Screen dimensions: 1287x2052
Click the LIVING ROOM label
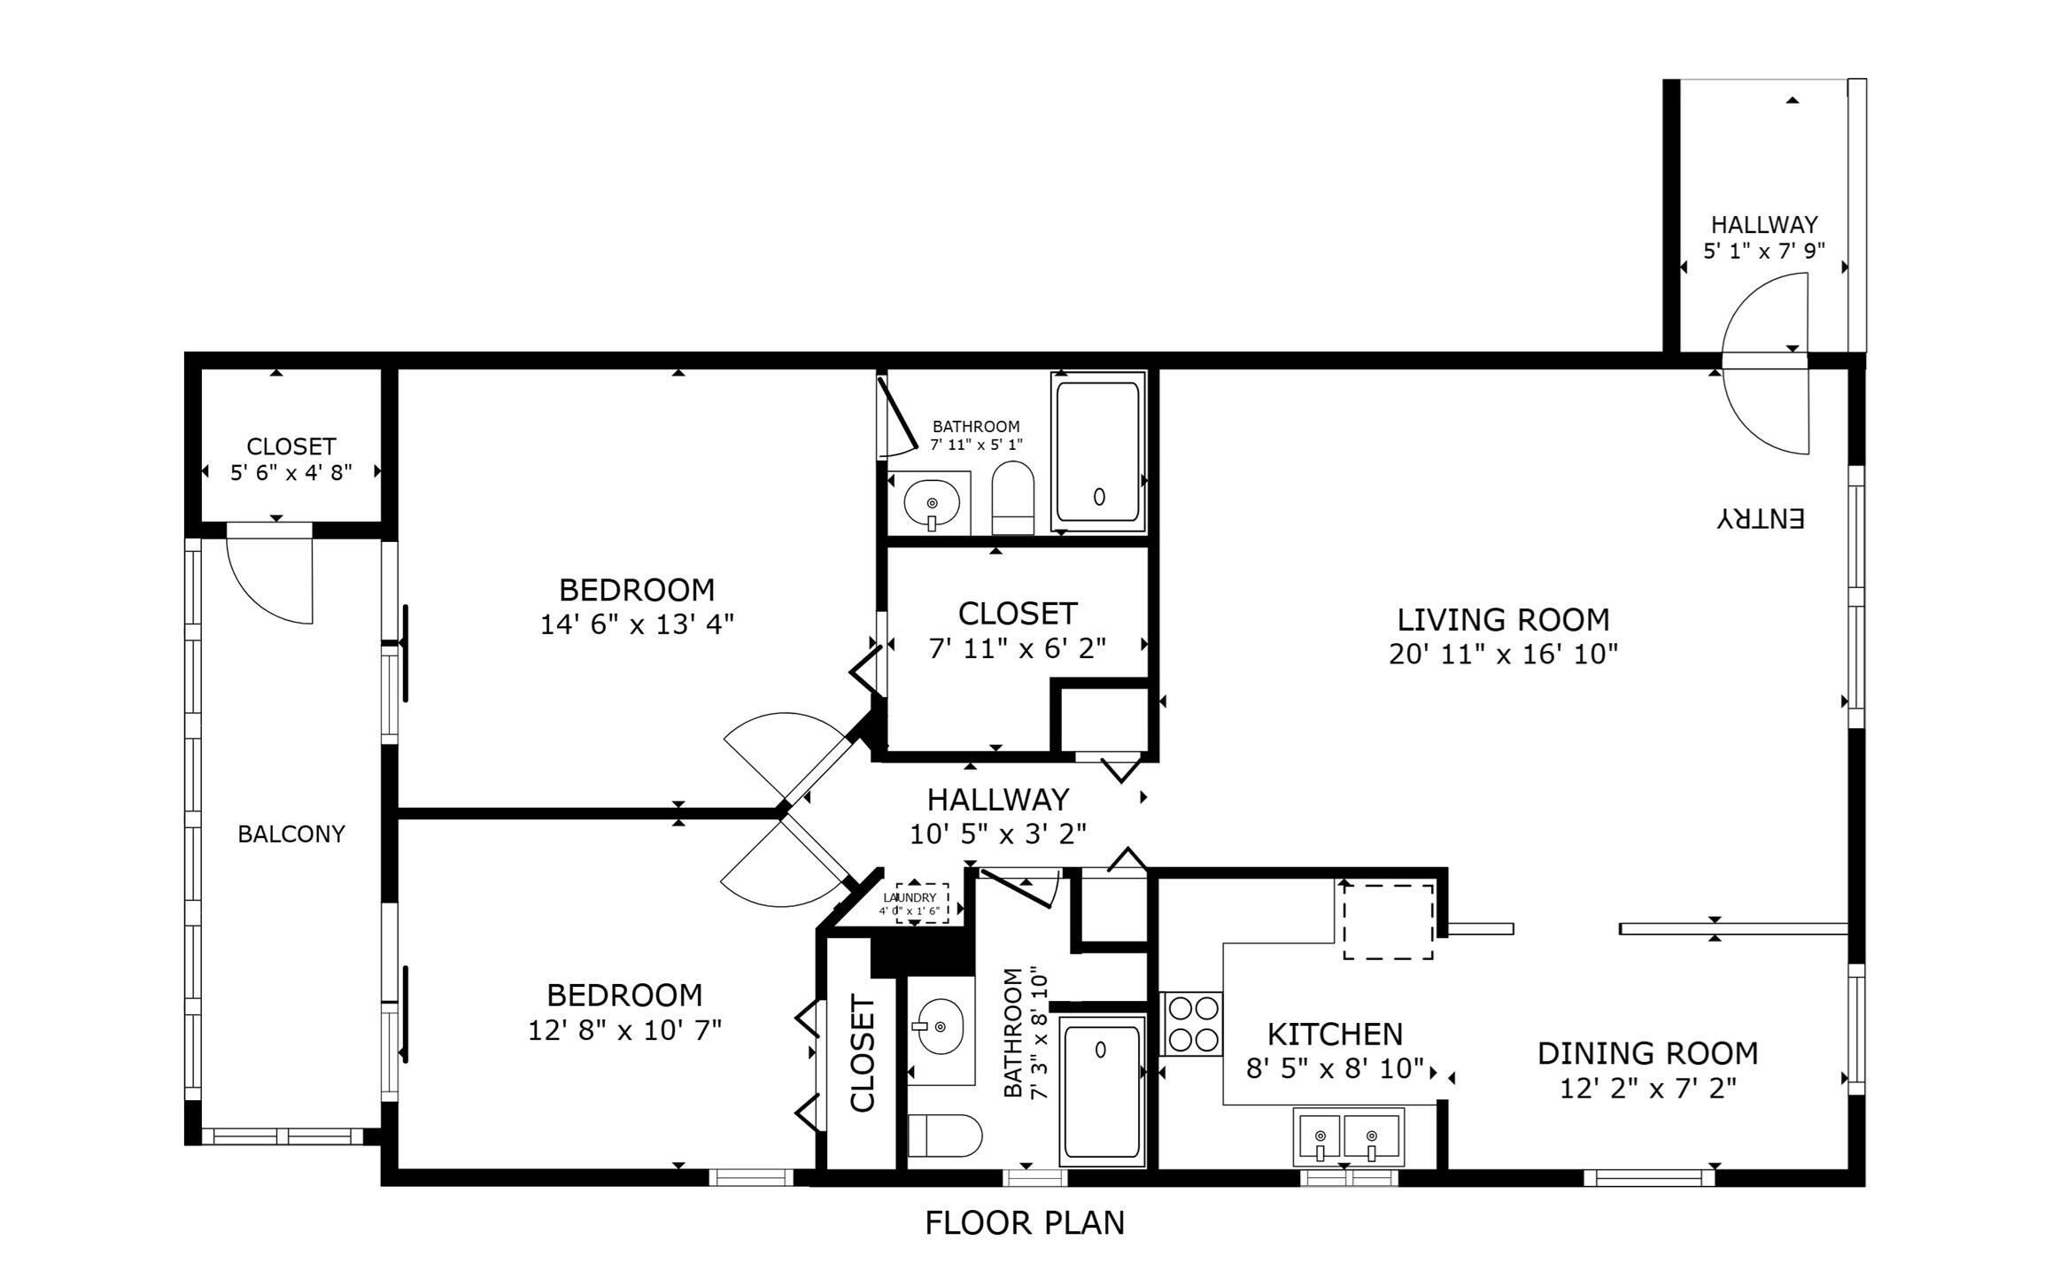point(1503,619)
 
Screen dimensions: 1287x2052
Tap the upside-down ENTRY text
point(1760,518)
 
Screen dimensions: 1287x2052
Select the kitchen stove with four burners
point(1191,1023)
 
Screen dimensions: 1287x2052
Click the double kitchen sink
point(1348,1137)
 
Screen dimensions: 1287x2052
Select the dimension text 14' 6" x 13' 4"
point(637,625)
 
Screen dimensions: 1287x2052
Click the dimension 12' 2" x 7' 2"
point(1647,1089)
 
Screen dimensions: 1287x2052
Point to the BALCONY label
point(290,834)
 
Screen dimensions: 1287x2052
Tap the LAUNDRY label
point(910,897)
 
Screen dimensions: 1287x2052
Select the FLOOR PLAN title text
point(1025,1223)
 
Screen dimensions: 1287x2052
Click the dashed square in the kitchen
point(1388,921)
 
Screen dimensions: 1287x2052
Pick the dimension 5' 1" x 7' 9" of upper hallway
point(1763,252)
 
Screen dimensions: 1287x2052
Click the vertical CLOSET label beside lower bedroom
point(863,1052)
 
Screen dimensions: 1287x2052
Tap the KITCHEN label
point(1335,1035)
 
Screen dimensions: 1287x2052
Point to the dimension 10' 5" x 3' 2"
point(998,834)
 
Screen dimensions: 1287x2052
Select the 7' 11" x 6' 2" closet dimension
point(1017,649)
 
